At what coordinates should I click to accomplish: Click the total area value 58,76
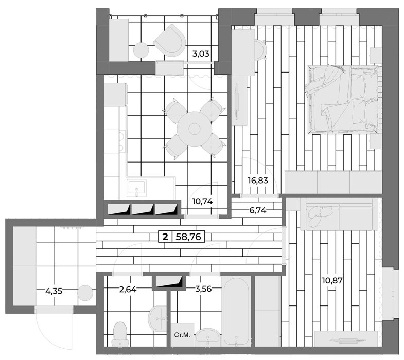tap(188, 237)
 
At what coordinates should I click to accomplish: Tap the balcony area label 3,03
tap(201, 54)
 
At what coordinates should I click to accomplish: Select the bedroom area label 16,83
tap(258, 181)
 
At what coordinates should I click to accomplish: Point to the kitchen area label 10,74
tap(202, 202)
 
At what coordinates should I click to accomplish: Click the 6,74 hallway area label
tap(258, 211)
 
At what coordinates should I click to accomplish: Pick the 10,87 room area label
tap(332, 280)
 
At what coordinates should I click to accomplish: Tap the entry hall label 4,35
tap(54, 291)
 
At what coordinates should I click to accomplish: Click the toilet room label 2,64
tap(128, 290)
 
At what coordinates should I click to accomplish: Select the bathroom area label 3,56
tap(203, 289)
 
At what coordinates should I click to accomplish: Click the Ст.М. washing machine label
tap(182, 335)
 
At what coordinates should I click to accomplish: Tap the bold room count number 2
tap(165, 237)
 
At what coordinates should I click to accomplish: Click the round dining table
tap(194, 129)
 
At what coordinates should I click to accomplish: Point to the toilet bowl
tap(120, 334)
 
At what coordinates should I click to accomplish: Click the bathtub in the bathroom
tap(236, 312)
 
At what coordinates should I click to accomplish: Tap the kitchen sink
tap(136, 188)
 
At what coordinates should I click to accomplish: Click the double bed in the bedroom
tap(343, 99)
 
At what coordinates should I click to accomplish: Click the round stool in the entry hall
tap(85, 293)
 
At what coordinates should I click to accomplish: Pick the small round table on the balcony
tap(141, 50)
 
